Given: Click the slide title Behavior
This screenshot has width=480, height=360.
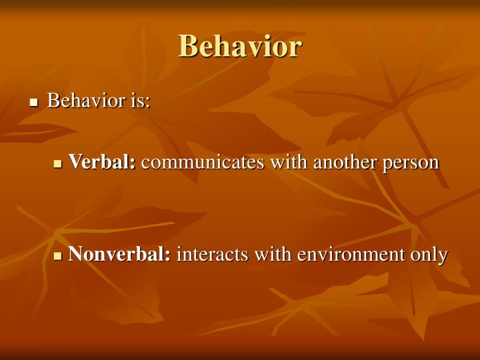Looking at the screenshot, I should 240,47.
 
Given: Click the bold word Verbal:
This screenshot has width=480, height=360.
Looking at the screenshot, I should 102,162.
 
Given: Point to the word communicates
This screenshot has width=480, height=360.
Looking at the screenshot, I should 193,162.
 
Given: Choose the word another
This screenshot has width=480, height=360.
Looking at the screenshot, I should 323,162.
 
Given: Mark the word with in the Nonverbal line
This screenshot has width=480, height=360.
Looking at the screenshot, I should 276,254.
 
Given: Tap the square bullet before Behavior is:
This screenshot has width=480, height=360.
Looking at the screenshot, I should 34,103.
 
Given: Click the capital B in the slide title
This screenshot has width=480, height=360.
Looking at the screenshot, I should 189,47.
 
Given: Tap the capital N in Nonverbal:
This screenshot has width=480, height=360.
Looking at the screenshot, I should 75,254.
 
